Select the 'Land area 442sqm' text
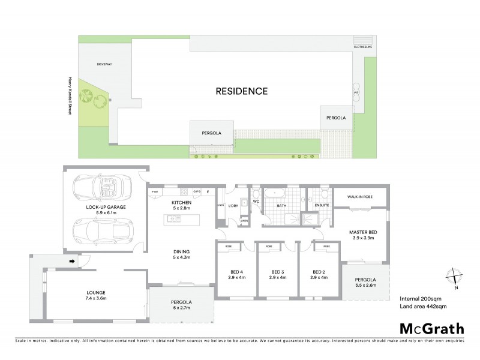[422, 306]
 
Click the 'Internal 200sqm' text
[421, 298]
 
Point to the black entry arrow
[73, 261]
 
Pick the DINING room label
[181, 254]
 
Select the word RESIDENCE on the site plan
[241, 91]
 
